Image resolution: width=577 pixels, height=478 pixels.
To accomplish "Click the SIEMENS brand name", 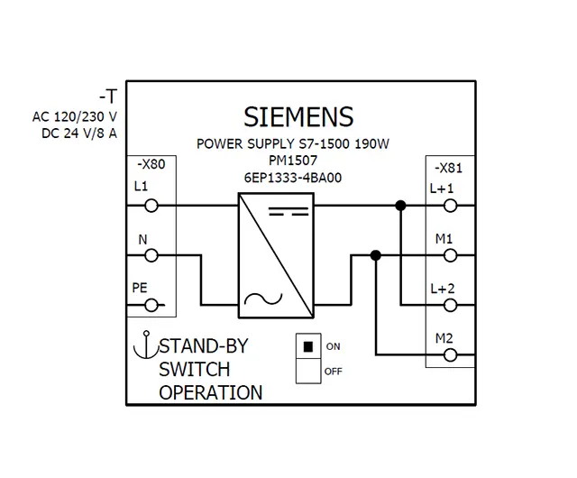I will pos(298,117).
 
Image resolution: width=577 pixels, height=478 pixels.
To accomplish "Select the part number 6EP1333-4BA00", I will pos(293,179).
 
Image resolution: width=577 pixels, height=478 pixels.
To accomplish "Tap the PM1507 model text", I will pos(294,161).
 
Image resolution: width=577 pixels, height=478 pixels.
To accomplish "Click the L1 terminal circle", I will pos(152,207).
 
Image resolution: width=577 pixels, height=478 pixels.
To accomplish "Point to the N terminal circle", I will pos(152,256).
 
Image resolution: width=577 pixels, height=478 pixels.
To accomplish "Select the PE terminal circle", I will pos(152,305).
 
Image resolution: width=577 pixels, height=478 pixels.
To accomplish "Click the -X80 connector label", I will pos(151,166).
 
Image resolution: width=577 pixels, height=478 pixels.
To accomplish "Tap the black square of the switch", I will pos(307,346).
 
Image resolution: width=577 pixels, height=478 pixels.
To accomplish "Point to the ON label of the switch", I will pos(334,346).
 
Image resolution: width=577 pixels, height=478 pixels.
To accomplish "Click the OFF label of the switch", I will pos(334,371).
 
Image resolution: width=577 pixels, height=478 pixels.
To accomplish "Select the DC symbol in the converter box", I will pos(290,214).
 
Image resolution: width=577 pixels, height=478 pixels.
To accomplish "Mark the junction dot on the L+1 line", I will pos(400,207).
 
